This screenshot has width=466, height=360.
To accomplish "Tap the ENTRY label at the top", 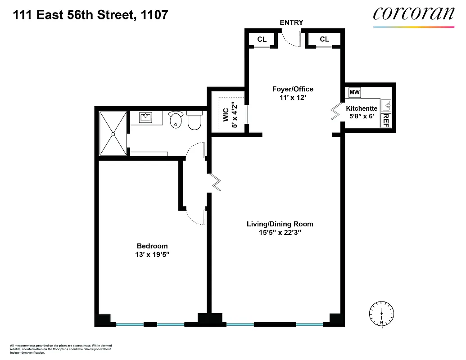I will (291, 22).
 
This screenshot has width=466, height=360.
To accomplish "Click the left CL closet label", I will (262, 40).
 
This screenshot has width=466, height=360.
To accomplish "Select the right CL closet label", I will (324, 39).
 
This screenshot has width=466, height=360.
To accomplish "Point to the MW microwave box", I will (355, 92).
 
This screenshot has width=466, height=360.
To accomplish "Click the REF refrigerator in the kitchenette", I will (385, 120).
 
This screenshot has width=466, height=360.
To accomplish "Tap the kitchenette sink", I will (386, 106).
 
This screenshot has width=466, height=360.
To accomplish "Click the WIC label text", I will (226, 115).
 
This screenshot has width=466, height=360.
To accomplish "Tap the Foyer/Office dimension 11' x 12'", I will (293, 98).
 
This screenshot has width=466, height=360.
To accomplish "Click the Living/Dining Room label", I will (280, 224).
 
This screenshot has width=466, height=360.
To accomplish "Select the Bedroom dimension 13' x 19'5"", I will (152, 254).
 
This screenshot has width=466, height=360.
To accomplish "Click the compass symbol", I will (381, 313).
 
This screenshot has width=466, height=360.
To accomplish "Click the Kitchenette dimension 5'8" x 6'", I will (362, 117).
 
